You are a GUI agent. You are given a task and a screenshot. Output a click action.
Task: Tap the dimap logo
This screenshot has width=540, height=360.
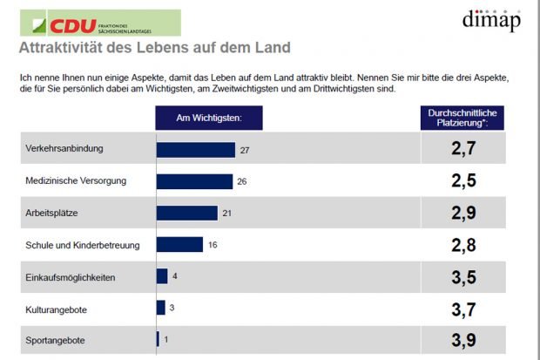point(491,20)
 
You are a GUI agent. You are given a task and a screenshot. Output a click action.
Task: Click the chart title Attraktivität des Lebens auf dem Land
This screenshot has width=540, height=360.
point(155,46)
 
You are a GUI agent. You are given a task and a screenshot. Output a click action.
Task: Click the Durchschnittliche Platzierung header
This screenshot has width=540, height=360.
point(463,118)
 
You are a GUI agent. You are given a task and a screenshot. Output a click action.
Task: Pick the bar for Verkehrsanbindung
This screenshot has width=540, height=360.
point(196,150)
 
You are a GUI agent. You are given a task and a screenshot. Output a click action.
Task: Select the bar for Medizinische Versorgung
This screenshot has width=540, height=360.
point(194,181)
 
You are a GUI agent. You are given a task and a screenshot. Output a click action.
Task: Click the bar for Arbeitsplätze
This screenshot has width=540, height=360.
point(186,213)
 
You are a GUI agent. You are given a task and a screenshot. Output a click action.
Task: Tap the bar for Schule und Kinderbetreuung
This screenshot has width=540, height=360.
point(179,245)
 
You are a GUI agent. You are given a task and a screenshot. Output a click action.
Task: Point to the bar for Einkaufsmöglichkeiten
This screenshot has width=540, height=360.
point(162,276)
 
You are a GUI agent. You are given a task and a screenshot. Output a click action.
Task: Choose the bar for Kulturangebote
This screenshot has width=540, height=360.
point(161,308)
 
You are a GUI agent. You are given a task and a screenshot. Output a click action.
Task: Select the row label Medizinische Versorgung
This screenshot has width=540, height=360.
point(77,181)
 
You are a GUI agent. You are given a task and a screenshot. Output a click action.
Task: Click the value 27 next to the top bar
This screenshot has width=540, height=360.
point(245,151)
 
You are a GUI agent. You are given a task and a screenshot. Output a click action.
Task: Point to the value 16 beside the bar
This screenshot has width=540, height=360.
point(213,245)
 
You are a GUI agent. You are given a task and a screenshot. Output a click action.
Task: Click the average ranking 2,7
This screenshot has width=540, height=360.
point(463,150)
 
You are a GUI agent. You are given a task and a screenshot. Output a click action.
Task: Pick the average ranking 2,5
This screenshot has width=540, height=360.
point(463,181)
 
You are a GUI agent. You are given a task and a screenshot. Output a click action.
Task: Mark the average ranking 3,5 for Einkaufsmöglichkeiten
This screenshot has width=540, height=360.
point(463,277)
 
